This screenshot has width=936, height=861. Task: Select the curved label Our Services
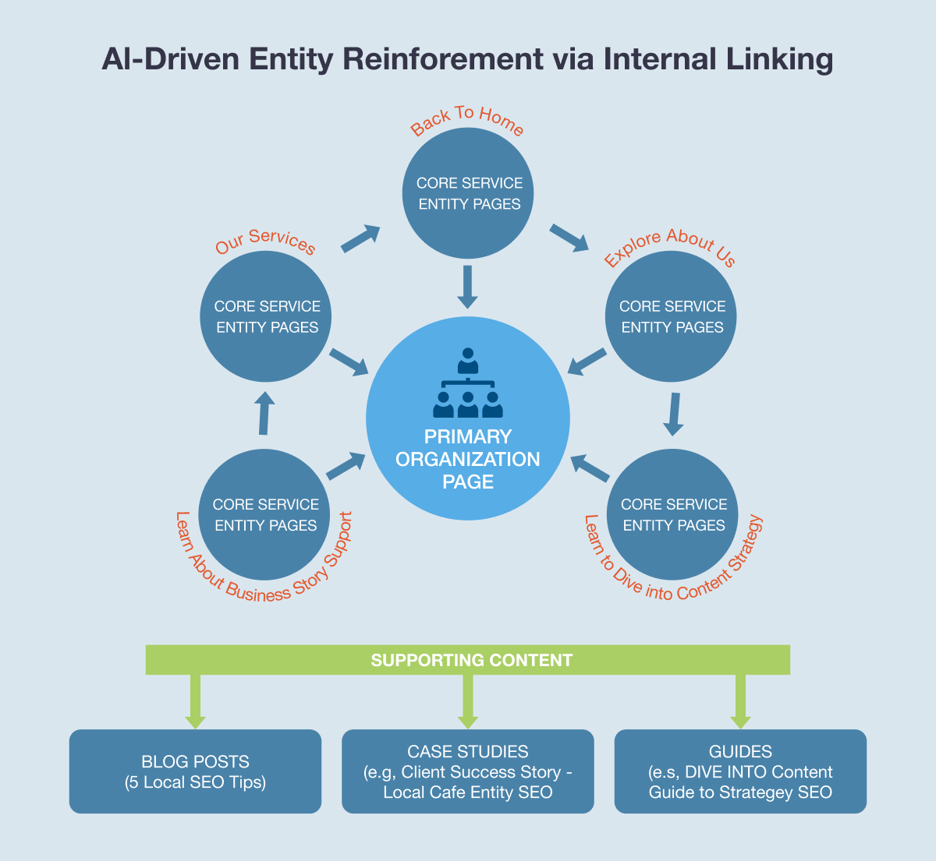265,242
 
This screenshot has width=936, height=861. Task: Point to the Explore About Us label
670,245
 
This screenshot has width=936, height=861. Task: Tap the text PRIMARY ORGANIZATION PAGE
468,459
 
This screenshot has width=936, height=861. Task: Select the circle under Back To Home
468,193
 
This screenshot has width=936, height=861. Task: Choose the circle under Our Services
267,316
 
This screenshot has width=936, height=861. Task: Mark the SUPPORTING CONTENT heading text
471,661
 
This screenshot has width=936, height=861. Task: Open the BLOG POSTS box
195,771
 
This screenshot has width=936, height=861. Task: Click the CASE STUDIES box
468,771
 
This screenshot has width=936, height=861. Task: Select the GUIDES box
740,771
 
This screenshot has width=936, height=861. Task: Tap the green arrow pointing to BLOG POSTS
195,701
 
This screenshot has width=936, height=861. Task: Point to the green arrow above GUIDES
740,701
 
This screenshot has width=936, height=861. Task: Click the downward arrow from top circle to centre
467,287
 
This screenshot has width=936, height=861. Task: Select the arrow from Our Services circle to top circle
360,238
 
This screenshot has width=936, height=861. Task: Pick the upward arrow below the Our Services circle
264,413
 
